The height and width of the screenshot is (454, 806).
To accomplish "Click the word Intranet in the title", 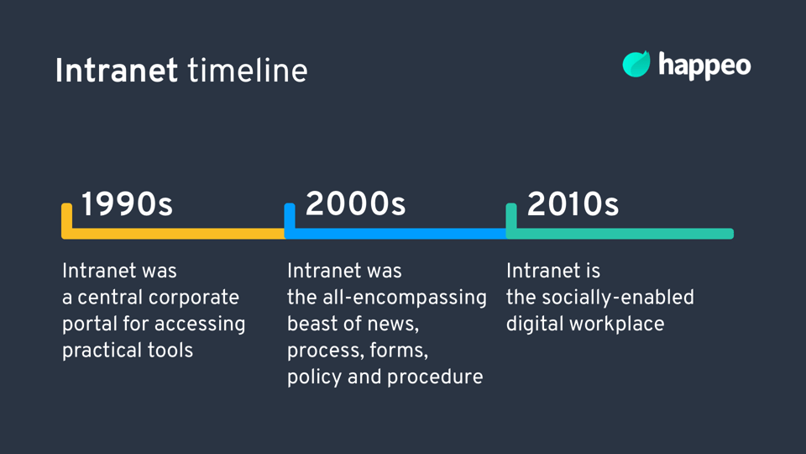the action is pos(117,71).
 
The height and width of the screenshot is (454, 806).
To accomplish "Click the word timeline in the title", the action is pos(248,71).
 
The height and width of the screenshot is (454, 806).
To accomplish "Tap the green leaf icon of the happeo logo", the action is pos(636,65).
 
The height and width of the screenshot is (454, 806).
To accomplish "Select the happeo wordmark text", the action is pos(704,66).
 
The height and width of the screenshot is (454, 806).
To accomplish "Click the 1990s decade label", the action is pos(127,203).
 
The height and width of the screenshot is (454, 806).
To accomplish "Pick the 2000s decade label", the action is pos(356,203).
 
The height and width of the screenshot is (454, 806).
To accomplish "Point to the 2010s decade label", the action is pos(573,203).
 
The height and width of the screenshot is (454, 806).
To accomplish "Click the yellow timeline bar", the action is pos(173,234).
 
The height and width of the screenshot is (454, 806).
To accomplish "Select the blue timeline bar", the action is pos(395,234).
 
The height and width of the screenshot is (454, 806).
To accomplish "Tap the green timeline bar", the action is pos(620,234).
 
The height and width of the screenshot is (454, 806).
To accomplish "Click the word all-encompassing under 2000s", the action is pos(405,298).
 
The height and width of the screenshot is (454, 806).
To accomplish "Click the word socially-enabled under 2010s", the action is pos(618,298).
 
